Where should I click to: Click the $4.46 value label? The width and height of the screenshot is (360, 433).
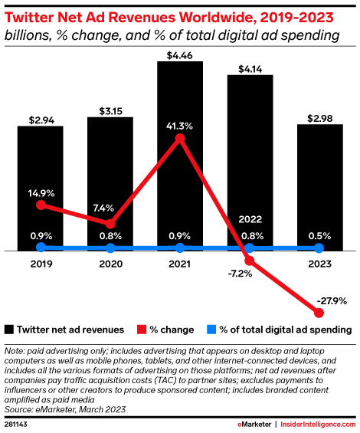coord(180,52)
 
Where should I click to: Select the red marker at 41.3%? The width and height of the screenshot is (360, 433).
coord(180,139)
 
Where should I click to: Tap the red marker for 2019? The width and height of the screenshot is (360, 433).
coord(41,205)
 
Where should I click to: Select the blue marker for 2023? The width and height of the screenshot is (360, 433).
coord(319,248)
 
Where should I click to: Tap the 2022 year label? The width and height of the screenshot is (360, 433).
coord(250,219)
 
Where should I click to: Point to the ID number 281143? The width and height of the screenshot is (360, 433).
coord(17,423)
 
